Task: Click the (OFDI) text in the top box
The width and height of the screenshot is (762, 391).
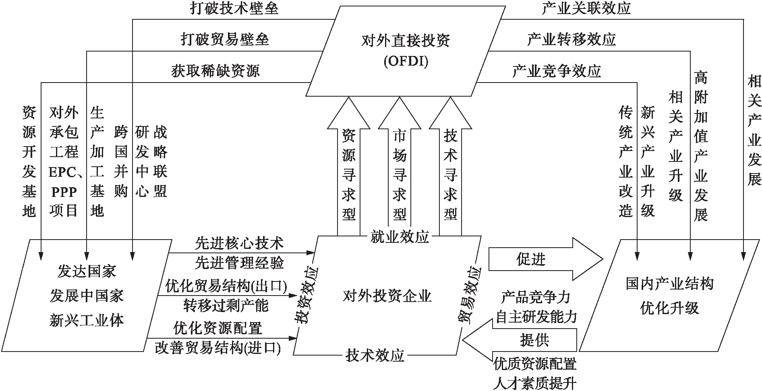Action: (406, 62)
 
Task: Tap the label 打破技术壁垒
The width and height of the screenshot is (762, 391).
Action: (234, 9)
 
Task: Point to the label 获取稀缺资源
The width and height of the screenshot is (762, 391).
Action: (215, 71)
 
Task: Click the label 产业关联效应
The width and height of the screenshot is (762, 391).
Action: (586, 9)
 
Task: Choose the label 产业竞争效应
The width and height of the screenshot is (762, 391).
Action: (557, 71)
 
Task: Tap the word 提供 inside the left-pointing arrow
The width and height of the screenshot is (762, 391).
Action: (534, 340)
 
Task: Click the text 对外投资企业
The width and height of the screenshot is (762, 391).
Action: (387, 296)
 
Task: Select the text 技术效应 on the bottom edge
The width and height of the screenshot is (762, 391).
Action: (375, 356)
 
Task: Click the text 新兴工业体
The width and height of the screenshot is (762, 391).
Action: (87, 321)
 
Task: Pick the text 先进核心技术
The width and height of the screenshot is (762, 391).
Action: (239, 243)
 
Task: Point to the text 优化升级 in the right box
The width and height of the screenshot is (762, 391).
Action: (670, 308)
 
